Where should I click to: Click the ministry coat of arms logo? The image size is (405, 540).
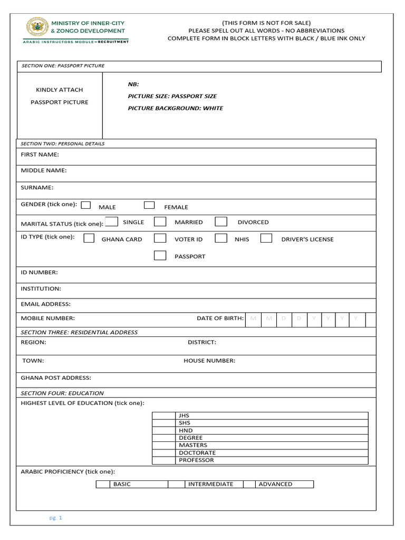37,27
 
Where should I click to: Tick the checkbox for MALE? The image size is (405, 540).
86,205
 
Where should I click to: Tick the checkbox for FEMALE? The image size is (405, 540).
150,205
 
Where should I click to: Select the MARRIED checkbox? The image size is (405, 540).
160,221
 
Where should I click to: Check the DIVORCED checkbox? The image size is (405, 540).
221,221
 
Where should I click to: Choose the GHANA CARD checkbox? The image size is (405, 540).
89,238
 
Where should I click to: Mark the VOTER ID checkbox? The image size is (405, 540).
160,238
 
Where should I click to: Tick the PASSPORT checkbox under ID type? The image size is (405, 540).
160,255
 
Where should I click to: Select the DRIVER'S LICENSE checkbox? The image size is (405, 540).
266,238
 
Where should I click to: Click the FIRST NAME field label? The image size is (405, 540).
40,155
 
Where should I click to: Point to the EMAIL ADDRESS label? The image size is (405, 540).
45,304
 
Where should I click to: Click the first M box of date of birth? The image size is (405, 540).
254,319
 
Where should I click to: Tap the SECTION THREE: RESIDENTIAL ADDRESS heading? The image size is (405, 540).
79,332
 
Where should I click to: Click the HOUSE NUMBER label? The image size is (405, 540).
209,361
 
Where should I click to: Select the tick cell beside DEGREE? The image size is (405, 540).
164,438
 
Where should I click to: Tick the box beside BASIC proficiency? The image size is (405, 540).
102,484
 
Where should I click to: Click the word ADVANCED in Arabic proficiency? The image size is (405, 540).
275,484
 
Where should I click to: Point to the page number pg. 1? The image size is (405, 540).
56,518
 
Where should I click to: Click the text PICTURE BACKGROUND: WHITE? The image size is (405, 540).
176,108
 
